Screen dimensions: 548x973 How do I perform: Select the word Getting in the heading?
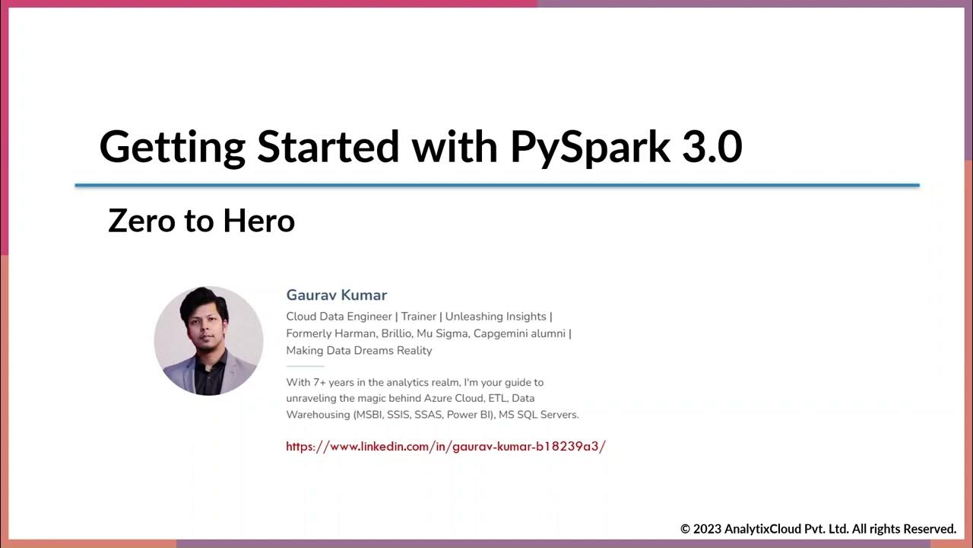[173, 147]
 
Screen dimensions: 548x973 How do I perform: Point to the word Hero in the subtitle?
[259, 221]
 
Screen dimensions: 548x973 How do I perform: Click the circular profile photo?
[208, 340]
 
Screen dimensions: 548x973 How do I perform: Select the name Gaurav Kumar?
[337, 295]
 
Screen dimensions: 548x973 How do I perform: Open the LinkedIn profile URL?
[445, 447]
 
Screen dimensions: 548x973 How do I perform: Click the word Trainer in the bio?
[419, 317]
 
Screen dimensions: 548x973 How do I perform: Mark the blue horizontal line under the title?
[497, 185]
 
